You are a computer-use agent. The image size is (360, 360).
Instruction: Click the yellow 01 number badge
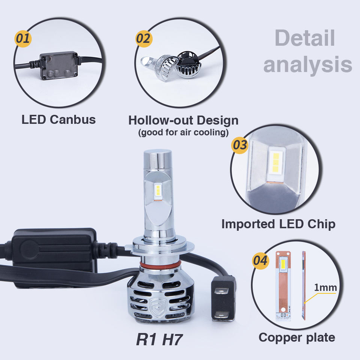click(22, 39)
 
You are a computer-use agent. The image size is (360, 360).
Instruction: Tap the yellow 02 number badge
click(144, 39)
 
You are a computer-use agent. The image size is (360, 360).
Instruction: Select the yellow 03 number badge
click(240, 144)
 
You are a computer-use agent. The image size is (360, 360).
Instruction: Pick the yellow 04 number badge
click(261, 260)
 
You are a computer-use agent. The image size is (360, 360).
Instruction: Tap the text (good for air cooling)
click(183, 132)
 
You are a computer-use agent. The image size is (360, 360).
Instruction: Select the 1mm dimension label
click(325, 288)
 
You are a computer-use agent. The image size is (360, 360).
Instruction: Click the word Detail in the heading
click(304, 38)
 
